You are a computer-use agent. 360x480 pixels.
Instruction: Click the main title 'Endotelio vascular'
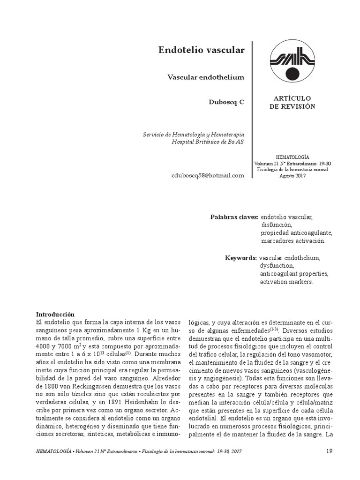click(202, 50)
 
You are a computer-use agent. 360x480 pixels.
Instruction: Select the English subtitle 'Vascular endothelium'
click(206, 77)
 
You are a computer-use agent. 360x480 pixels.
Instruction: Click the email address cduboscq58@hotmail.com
click(208, 175)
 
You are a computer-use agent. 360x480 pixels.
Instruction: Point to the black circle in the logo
click(292, 74)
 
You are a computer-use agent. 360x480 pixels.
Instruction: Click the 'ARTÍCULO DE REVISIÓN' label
click(292, 102)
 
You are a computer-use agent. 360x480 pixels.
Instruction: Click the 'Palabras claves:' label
click(234, 217)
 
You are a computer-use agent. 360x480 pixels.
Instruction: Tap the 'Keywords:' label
click(240, 258)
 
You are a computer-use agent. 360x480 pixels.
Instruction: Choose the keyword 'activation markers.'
click(285, 282)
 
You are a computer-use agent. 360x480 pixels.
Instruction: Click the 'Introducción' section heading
click(55, 314)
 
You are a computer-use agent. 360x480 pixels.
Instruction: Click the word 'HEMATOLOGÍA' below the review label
click(292, 157)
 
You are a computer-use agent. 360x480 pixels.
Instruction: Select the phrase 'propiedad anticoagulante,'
click(297, 233)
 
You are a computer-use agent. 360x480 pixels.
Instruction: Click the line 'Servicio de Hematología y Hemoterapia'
click(194, 135)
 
